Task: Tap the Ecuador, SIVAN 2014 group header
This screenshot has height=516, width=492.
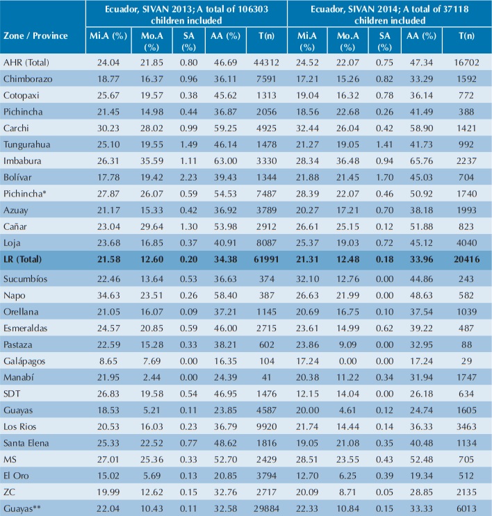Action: pos(388,15)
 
